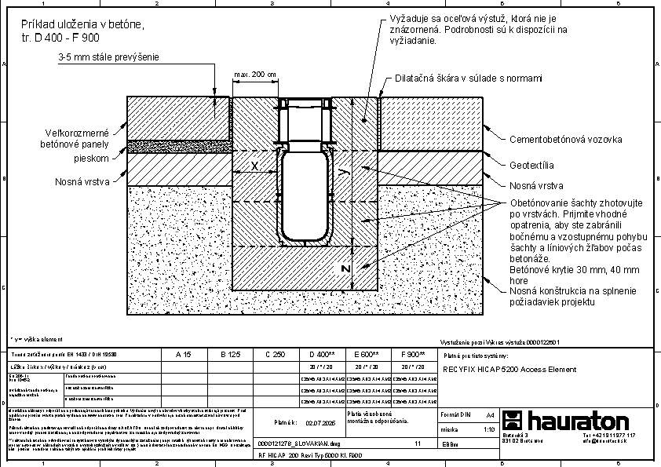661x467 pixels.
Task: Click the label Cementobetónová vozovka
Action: coord(565,139)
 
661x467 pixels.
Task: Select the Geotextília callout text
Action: coord(531,166)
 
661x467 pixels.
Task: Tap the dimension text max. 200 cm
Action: coord(256,75)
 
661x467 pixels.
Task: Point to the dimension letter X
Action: coord(254,166)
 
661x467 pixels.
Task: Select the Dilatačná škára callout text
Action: coord(469,78)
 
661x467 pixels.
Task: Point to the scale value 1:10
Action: coord(488,429)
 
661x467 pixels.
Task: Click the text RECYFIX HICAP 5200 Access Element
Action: coord(503,368)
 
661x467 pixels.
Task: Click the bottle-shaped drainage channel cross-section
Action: coord(305,196)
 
